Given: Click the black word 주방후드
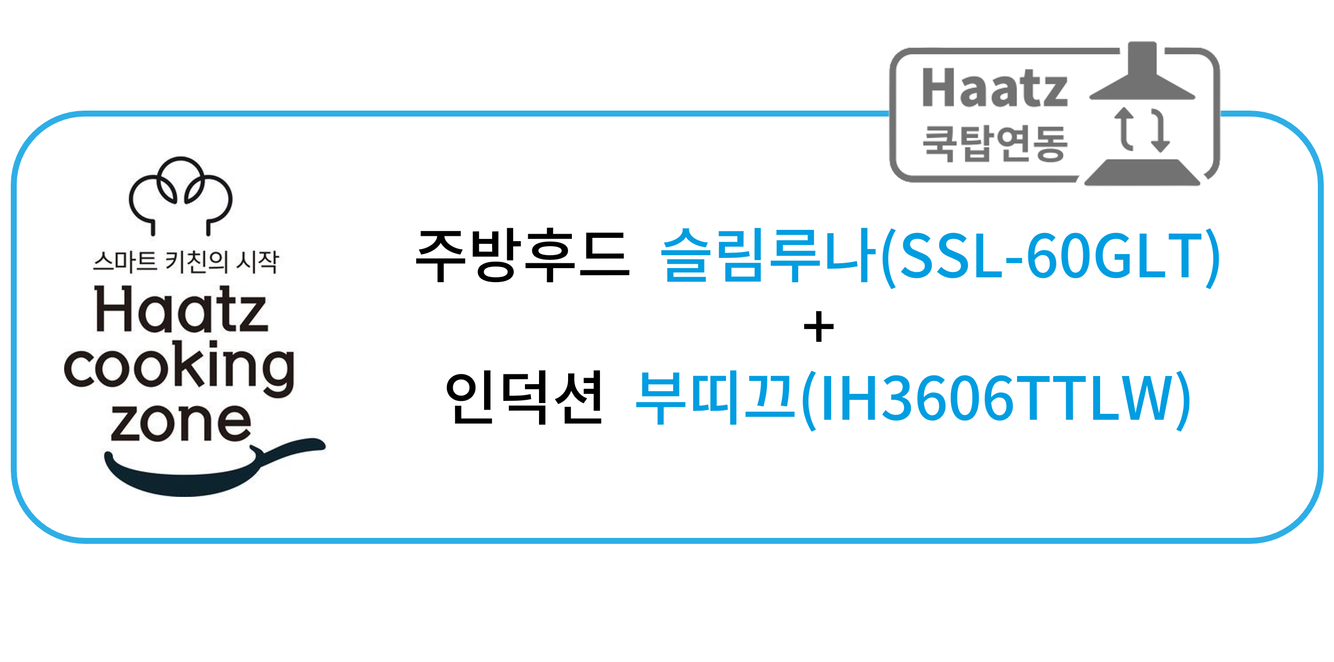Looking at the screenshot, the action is (522, 255).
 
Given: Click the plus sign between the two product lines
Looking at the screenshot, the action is (818, 327).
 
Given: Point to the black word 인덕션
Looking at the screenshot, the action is (523, 398).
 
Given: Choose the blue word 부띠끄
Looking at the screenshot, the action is (716, 398).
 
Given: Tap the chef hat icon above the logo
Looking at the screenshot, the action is (181, 196).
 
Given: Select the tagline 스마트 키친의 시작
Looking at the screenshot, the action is (186, 262).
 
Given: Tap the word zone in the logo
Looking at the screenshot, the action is (181, 422).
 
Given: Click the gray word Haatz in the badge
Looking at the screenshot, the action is (994, 88).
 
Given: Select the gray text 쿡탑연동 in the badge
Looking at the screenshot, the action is (994, 144).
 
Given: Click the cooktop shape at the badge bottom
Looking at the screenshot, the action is (1142, 173).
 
